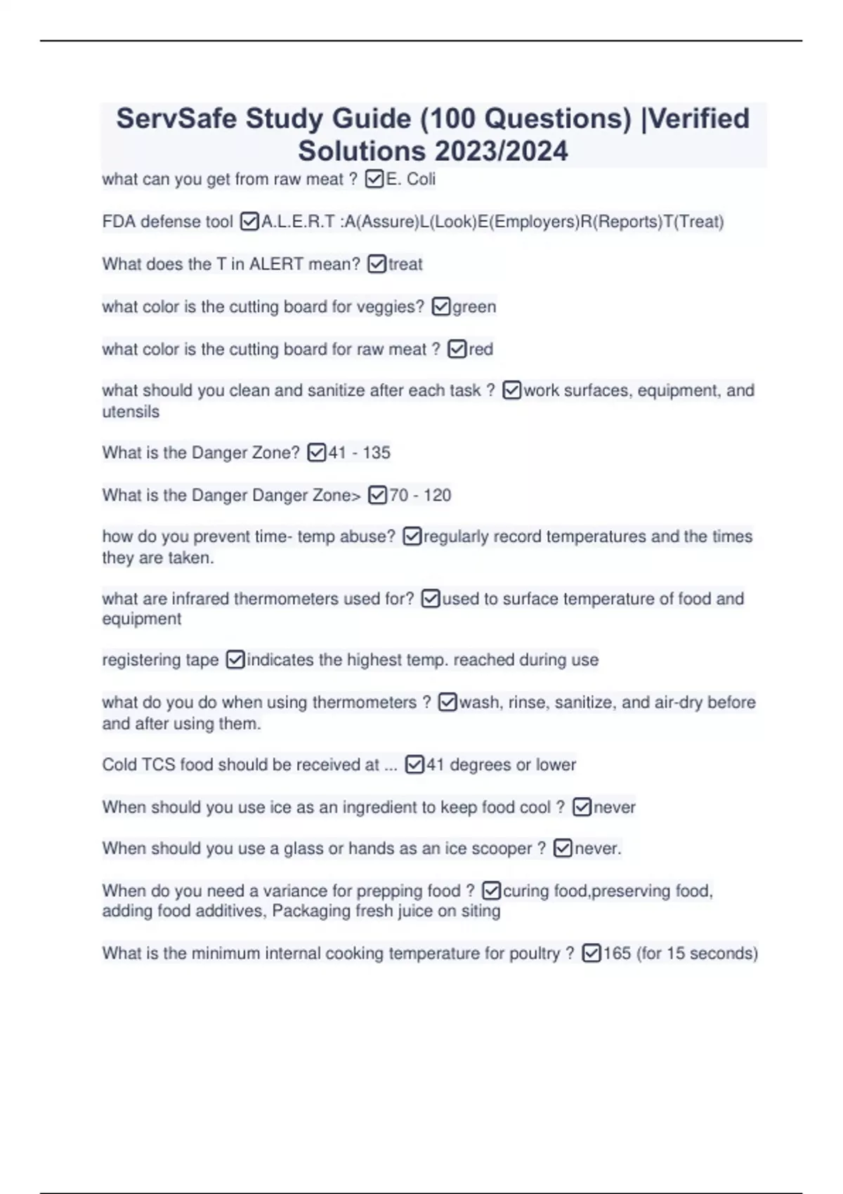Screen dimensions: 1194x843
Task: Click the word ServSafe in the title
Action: point(176,119)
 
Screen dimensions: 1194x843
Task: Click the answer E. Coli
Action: point(411,180)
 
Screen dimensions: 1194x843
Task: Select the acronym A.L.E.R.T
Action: point(298,222)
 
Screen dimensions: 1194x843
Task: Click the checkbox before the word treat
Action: point(377,264)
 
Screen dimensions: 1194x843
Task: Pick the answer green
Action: point(474,307)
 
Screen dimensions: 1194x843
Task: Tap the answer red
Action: point(481,349)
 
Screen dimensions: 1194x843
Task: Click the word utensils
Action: point(131,412)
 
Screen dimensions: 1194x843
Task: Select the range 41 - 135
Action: point(359,453)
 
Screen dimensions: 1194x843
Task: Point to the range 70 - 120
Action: point(420,495)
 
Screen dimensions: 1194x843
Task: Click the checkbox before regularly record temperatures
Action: point(412,537)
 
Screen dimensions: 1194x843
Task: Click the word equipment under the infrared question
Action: point(141,619)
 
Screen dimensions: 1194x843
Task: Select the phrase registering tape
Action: point(160,660)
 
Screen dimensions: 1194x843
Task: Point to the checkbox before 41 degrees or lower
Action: point(414,765)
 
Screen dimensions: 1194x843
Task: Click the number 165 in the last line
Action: point(617,954)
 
